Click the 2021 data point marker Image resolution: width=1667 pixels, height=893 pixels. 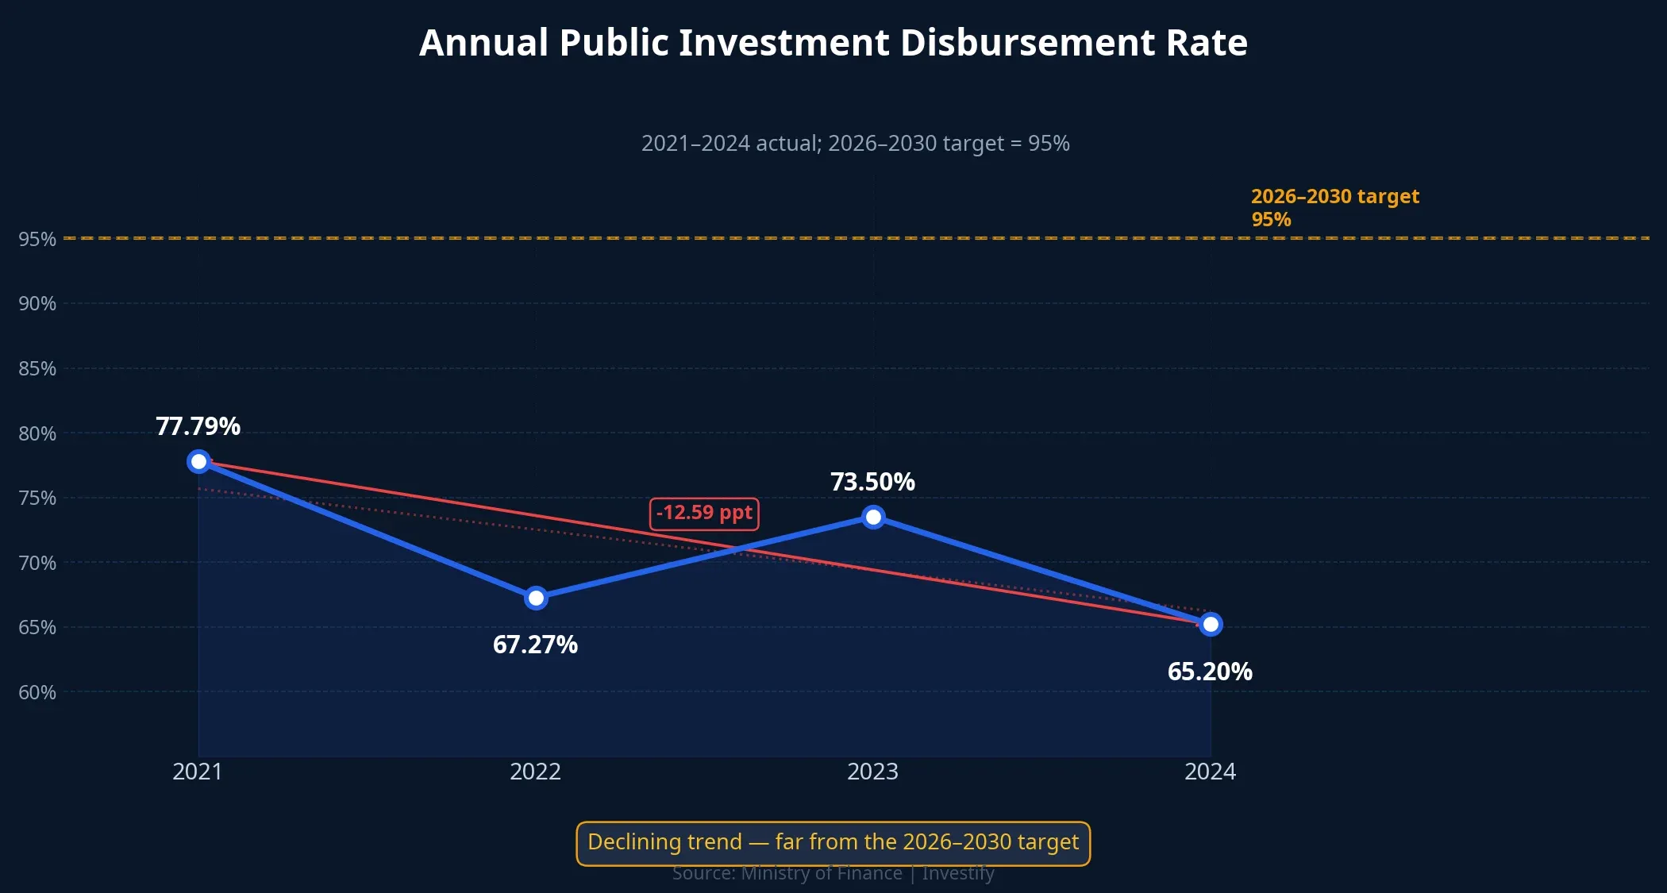point(198,461)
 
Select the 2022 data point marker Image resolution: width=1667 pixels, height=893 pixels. point(536,598)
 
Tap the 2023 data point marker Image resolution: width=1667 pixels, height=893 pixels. point(873,517)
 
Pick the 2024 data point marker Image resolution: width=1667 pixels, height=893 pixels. point(1211,625)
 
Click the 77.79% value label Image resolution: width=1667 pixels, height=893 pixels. point(198,426)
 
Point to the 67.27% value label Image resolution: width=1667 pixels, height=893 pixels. point(535,645)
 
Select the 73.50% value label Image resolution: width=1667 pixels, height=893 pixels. point(872,482)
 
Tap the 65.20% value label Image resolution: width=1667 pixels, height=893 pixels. point(1210,672)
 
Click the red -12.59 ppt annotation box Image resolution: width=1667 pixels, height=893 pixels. point(704,514)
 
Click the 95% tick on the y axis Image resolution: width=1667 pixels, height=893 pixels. point(37,239)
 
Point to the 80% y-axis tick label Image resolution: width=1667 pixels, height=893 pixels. point(37,433)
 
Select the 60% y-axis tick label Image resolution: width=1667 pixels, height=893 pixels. point(37,692)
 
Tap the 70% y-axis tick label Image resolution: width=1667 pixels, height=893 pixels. point(37,563)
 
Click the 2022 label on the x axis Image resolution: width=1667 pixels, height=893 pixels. point(535,772)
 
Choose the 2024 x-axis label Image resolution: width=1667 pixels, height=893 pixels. point(1210,772)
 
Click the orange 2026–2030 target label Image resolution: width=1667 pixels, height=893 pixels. point(1334,207)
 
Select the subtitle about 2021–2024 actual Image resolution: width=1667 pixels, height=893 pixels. point(855,144)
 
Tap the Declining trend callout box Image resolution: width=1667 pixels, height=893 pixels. point(833,842)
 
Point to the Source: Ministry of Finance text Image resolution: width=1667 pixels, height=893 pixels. point(833,874)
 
